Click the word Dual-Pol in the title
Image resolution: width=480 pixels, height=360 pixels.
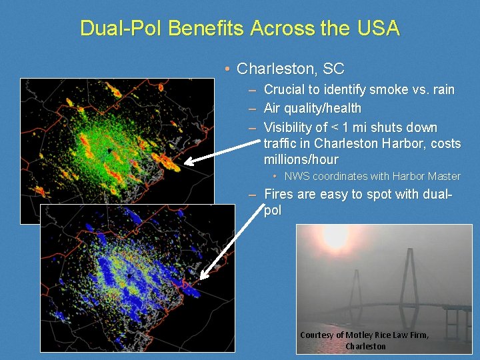(x=121, y=29)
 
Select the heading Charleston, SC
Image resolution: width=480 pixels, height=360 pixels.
(x=291, y=69)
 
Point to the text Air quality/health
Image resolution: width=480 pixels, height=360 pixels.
(x=313, y=108)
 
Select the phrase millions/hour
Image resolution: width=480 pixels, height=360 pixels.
(x=301, y=159)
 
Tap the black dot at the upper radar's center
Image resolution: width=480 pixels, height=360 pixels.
(x=109, y=151)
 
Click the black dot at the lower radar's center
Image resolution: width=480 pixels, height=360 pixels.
(x=128, y=275)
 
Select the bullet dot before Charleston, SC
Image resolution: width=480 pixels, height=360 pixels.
(x=227, y=69)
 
